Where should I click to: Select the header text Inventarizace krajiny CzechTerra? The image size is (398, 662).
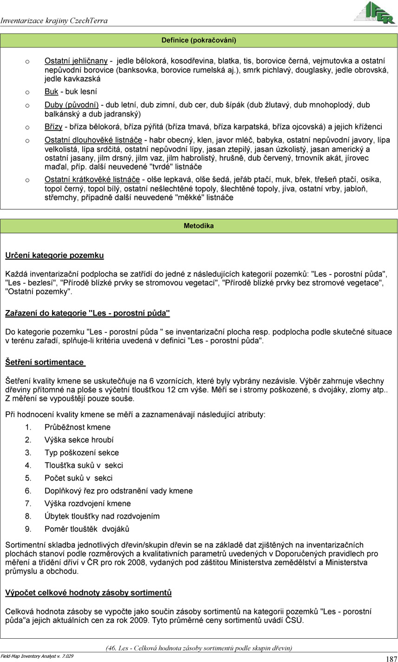pos(54,20)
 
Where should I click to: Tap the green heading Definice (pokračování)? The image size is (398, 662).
pos(199,40)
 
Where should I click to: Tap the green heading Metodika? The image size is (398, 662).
pos(199,226)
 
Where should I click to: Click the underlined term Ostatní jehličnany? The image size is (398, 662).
pos(76,61)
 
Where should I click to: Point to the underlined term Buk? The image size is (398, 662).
pos(51,92)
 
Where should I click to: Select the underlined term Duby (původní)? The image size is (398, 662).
pos(72,105)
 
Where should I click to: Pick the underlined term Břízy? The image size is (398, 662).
pos(53,127)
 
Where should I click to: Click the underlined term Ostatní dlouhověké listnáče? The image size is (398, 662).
pos(93,140)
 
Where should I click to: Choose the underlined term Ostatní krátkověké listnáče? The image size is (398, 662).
pos(92,179)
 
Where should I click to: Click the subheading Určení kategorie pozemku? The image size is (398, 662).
pos(54,256)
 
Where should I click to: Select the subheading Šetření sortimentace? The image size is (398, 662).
pos(45,362)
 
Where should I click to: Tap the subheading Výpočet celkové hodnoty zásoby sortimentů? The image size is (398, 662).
pos(88,593)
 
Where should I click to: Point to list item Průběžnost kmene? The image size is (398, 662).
pos(78,427)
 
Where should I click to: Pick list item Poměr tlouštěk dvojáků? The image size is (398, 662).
pos(86,529)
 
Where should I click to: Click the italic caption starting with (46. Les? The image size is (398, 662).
pos(199,648)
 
